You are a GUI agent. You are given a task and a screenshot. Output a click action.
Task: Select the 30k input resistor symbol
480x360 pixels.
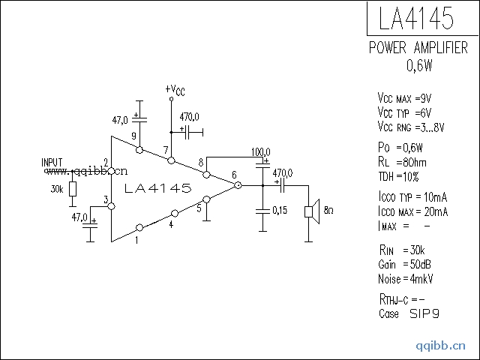pyautogui.click(x=73, y=189)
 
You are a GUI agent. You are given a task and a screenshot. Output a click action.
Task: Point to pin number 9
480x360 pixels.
pyautogui.click(x=133, y=136)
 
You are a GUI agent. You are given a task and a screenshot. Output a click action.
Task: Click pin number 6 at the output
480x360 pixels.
pyautogui.click(x=235, y=175)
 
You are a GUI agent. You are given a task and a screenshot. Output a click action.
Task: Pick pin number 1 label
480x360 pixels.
pyautogui.click(x=136, y=241)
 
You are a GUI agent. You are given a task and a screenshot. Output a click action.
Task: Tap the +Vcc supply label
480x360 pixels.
pyautogui.click(x=175, y=89)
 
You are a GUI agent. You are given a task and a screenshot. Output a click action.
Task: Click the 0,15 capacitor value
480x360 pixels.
pyautogui.click(x=279, y=210)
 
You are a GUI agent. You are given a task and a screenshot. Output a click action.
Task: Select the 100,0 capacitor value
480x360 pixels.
pyautogui.click(x=261, y=151)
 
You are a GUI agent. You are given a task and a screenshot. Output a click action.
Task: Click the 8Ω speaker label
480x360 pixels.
pyautogui.click(x=328, y=211)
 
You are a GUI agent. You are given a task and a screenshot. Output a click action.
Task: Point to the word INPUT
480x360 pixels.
pyautogui.click(x=52, y=162)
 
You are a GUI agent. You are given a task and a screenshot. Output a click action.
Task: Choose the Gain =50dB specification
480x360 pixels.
pyautogui.click(x=405, y=264)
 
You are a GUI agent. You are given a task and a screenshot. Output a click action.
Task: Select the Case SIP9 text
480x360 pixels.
pyautogui.click(x=406, y=314)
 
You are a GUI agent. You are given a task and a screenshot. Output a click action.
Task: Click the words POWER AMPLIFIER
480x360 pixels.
pyautogui.click(x=418, y=49)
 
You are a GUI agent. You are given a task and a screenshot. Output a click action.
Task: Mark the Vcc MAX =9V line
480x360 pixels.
pyautogui.click(x=404, y=99)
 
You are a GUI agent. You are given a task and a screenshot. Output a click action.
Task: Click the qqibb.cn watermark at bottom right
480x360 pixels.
pyautogui.click(x=440, y=346)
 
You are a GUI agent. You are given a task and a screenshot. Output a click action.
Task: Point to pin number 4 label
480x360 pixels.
pyautogui.click(x=171, y=224)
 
